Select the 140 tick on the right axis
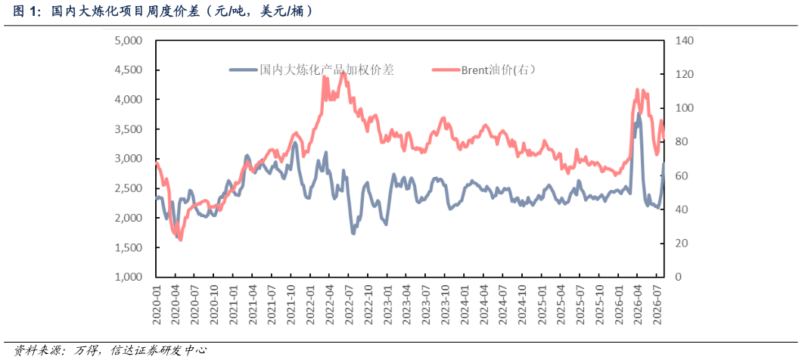pos(683,41)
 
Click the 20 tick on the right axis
pos(681,244)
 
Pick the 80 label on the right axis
pos(681,142)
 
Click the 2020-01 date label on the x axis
pos(157,304)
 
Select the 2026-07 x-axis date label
pos(658,304)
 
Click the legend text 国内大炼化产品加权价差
pos(327,70)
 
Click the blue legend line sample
pos(242,70)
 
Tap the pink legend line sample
pos(444,70)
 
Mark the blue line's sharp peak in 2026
pos(639,113)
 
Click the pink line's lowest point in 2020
pos(181,240)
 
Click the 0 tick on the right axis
pos(678,277)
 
